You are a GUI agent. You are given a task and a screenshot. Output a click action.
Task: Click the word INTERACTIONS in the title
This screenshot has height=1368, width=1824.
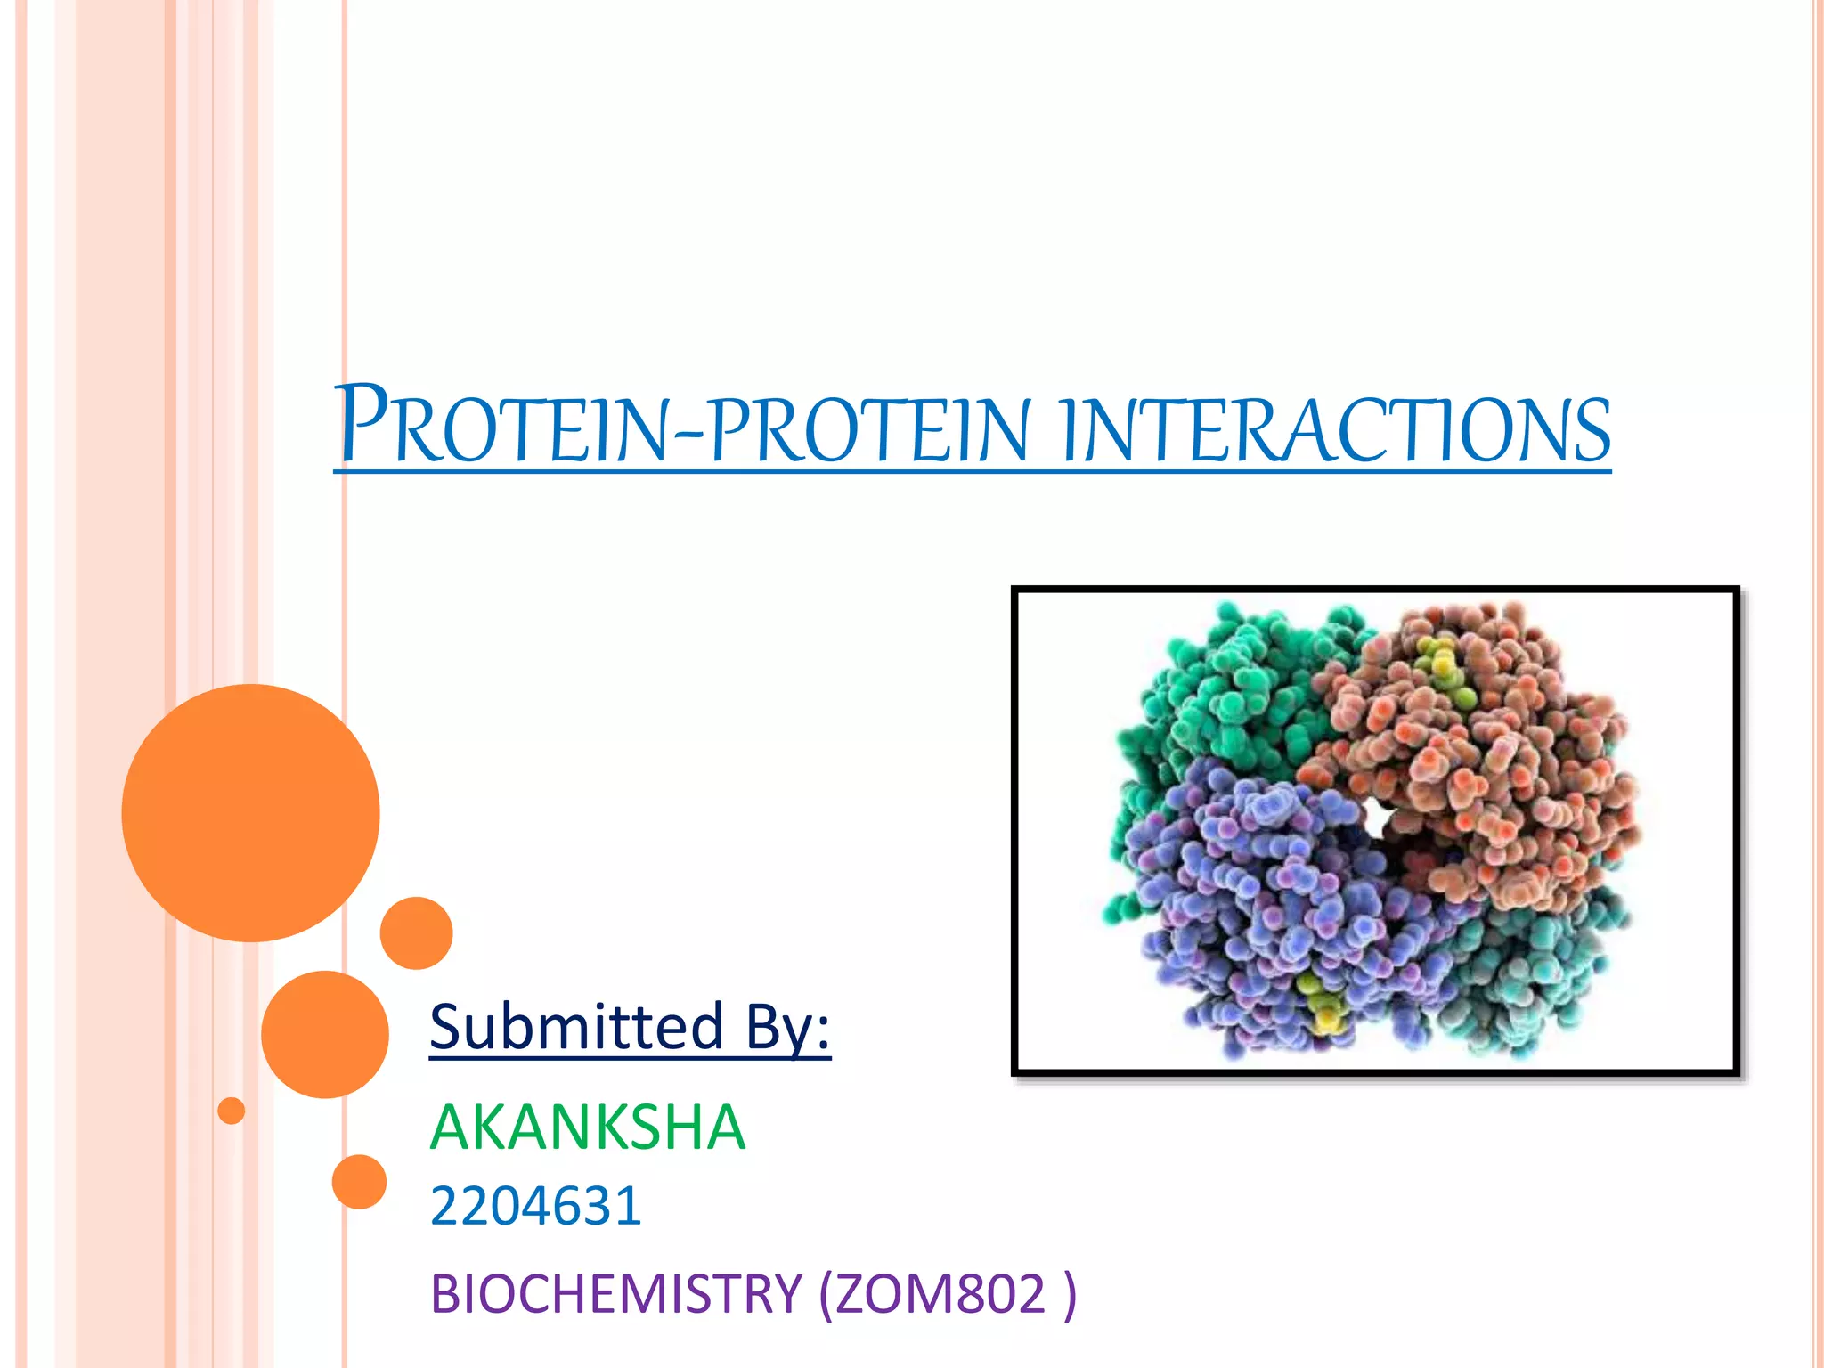(x=1336, y=431)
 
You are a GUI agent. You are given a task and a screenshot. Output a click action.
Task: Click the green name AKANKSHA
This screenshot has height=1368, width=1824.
(x=587, y=1128)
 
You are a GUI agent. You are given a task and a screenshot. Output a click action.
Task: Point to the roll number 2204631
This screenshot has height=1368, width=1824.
(x=535, y=1206)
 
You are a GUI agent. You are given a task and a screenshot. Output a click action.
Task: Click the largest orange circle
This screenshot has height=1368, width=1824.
(x=251, y=812)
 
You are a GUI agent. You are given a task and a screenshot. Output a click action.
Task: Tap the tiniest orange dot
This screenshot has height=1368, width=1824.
(x=232, y=1111)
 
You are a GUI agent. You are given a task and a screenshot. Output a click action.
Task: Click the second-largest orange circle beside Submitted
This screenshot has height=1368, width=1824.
(x=325, y=1034)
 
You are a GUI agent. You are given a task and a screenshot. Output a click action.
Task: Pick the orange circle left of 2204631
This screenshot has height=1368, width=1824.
(x=359, y=1182)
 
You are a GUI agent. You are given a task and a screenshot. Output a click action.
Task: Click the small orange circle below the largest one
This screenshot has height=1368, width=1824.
(x=416, y=932)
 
